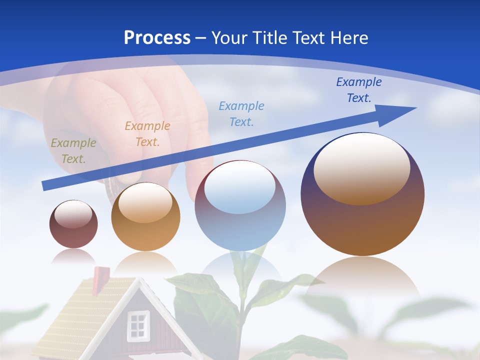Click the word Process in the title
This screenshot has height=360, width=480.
(157, 38)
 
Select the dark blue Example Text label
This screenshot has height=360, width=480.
(358, 90)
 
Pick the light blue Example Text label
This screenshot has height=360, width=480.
(241, 113)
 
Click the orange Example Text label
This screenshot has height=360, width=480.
(147, 134)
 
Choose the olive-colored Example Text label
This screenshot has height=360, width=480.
(73, 151)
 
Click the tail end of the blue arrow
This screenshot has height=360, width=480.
(44, 186)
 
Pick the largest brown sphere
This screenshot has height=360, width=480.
(362, 220)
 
